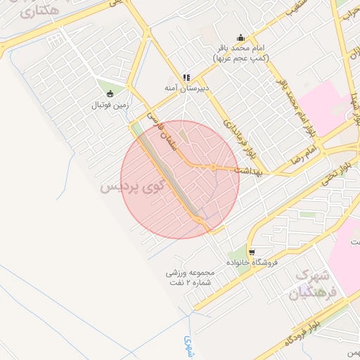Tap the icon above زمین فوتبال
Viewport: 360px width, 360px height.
109,93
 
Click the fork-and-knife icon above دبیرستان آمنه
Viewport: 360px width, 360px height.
186,77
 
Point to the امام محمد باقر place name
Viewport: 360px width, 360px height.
242,49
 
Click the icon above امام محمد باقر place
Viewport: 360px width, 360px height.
242,38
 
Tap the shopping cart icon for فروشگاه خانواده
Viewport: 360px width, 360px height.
252,251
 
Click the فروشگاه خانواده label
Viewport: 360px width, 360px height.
252,262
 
